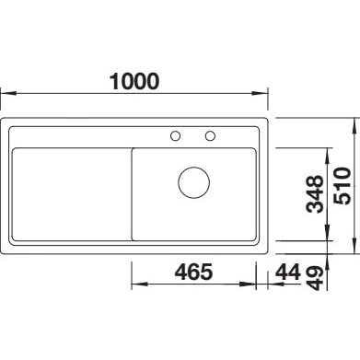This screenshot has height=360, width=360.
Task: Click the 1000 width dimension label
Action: point(134,81)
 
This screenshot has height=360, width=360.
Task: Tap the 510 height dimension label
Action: point(342,186)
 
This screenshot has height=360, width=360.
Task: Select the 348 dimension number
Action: point(315,194)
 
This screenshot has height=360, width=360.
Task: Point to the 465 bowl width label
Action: point(193,272)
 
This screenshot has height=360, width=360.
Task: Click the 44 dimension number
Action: point(287,272)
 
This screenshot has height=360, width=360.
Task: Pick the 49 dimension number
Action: point(315,278)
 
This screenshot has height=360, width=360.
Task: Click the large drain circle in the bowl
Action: point(194,182)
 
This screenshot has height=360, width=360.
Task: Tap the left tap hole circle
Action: point(175,135)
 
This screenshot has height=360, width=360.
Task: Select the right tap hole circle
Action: point(210,135)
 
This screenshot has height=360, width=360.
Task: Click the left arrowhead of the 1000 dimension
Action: point(8,93)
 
